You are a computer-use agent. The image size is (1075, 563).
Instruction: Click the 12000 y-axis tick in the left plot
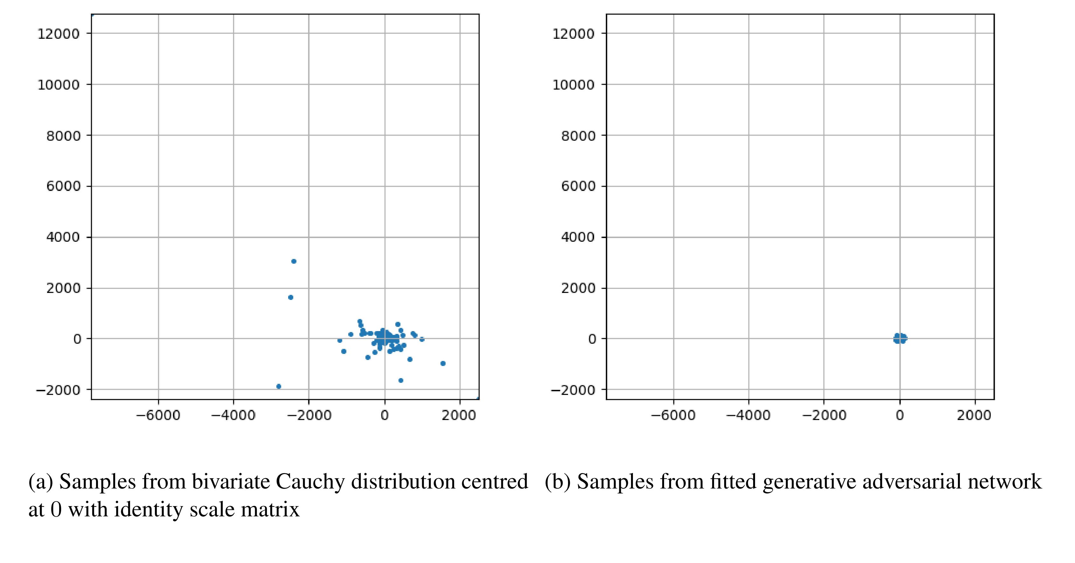click(59, 34)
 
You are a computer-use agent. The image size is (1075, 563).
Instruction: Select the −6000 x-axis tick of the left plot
click(158, 415)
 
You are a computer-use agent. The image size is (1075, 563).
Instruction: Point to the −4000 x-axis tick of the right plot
click(748, 415)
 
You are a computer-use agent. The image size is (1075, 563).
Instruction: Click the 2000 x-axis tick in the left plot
click(459, 415)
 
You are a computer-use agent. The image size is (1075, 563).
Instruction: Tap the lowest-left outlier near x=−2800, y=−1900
click(279, 386)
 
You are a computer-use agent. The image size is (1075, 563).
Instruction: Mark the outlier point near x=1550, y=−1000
click(443, 363)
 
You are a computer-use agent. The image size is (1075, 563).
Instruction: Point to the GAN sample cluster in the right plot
click(900, 338)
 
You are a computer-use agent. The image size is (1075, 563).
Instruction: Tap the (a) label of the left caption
click(40, 482)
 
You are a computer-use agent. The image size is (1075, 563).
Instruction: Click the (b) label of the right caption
click(557, 482)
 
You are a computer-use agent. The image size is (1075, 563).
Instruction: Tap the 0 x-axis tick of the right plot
click(900, 415)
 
